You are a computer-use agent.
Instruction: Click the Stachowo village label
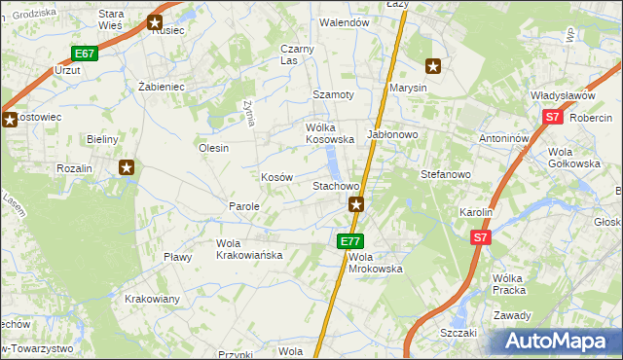pos(336,185)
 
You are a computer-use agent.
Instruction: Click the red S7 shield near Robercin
pos(552,118)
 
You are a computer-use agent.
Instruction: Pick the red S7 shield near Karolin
pos(480,236)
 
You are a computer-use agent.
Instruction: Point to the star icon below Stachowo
pos(357,204)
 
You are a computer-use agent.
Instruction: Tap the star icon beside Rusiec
pos(155,22)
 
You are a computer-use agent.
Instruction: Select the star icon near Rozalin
pos(127,168)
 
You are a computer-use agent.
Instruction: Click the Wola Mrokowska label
pos(375,262)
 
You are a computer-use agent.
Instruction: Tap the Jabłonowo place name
pos(391,134)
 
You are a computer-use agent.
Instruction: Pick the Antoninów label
pos(503,138)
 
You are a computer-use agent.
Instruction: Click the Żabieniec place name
pos(162,87)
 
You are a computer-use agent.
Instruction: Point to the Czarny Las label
pos(296,54)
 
